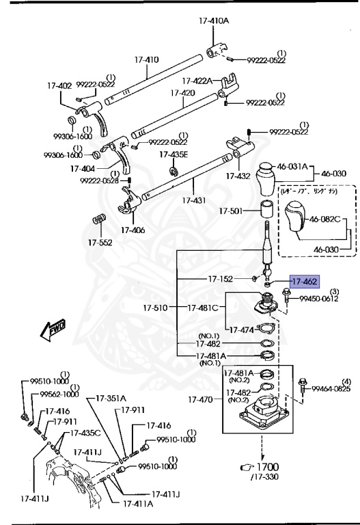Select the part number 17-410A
tap(214, 21)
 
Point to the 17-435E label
tap(174, 154)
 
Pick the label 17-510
tap(156, 308)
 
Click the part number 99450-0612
tap(319, 297)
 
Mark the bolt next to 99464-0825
tap(303, 389)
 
